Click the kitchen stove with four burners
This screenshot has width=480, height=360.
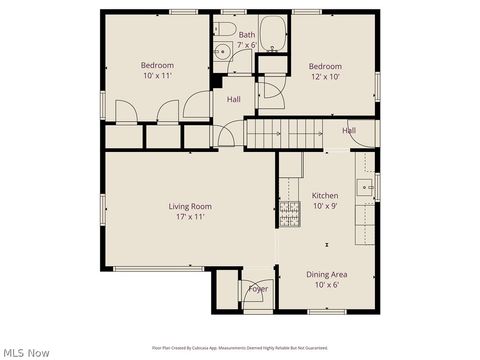pyautogui.click(x=289, y=212)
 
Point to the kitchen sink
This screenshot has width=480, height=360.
pyautogui.click(x=367, y=186)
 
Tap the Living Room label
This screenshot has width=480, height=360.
pyautogui.click(x=189, y=207)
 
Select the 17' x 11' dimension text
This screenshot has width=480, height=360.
pyautogui.click(x=189, y=217)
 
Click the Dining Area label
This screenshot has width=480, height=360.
pyautogui.click(x=327, y=274)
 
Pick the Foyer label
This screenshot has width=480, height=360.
pyautogui.click(x=258, y=289)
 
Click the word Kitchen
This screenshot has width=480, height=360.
pyautogui.click(x=325, y=196)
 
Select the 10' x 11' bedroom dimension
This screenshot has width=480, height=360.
pyautogui.click(x=157, y=76)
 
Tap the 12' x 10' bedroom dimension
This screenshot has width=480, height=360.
pyautogui.click(x=325, y=77)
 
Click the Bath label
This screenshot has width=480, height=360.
pyautogui.click(x=246, y=35)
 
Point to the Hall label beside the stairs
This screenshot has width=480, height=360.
pyautogui.click(x=349, y=131)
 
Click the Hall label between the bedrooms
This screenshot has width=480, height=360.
pyautogui.click(x=233, y=100)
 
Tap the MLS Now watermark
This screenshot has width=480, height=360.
pyautogui.click(x=26, y=352)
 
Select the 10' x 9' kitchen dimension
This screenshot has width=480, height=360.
pyautogui.click(x=325, y=206)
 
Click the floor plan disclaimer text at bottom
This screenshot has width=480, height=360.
pyautogui.click(x=239, y=348)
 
